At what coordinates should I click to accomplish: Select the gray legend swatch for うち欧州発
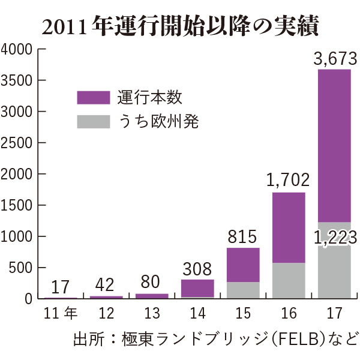[x=94, y=122]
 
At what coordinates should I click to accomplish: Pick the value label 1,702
[x=289, y=180]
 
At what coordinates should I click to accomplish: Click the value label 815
[x=243, y=236]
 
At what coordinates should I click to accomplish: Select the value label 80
[x=152, y=283]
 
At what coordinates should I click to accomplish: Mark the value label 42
[x=106, y=284]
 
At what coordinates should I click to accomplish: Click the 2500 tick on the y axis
[x=19, y=143]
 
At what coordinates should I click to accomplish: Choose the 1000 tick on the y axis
[x=19, y=236]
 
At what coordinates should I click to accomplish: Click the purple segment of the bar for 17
[x=334, y=144]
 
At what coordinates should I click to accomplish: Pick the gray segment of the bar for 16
[x=289, y=281]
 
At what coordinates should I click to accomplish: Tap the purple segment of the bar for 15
[x=243, y=264]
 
